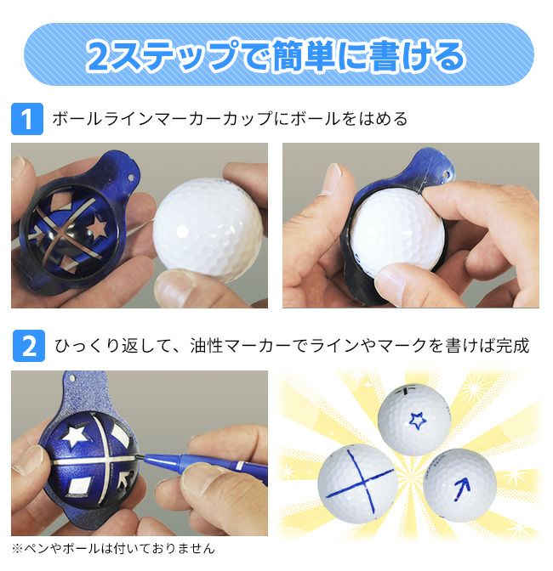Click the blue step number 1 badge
27,119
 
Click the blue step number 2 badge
29,346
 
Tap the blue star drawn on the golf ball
418,420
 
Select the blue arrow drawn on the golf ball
461,489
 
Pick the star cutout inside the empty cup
96,227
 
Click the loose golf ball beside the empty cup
208,230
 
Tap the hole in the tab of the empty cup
130,178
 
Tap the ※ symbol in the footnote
17,548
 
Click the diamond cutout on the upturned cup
77,486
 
